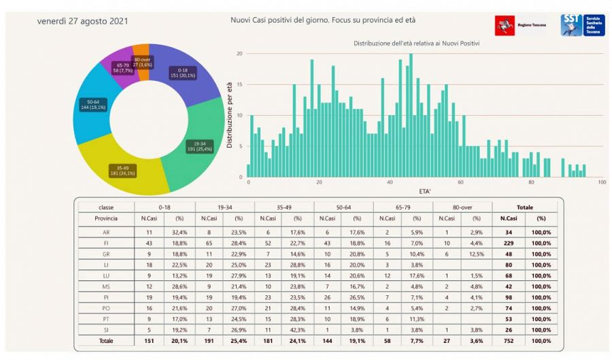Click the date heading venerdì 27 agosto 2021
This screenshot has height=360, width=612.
(x=83, y=20)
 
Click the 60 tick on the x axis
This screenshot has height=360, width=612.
(x=461, y=183)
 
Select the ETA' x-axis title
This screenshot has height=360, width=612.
(x=424, y=192)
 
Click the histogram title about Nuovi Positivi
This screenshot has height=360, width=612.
(x=417, y=44)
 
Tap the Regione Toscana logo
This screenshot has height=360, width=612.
(x=520, y=24)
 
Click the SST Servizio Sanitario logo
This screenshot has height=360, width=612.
(x=582, y=25)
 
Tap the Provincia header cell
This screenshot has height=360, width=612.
(x=106, y=219)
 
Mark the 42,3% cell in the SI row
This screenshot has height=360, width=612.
(x=297, y=329)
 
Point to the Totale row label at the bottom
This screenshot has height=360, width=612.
(x=106, y=340)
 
